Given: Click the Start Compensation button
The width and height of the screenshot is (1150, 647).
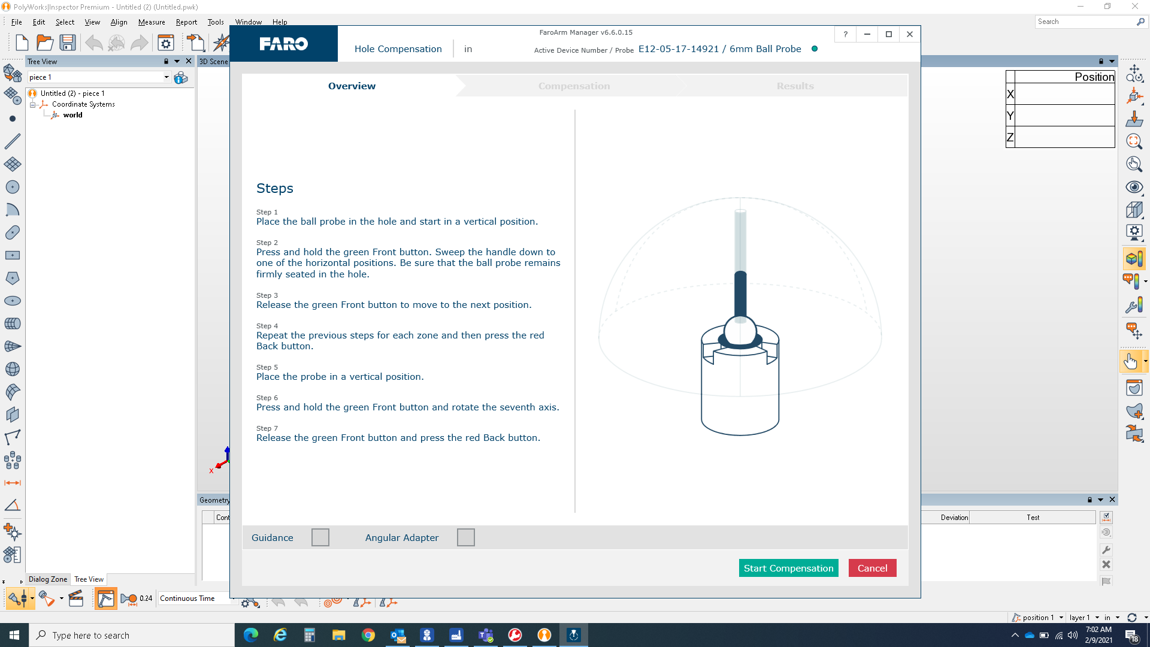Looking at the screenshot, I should (788, 568).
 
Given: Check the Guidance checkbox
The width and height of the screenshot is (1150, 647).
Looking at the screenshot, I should (320, 537).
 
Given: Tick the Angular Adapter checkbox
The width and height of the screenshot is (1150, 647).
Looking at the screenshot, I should (465, 537).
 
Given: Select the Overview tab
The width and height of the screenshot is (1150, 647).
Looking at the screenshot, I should (352, 86).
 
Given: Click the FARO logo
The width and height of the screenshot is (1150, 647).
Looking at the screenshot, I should (283, 44).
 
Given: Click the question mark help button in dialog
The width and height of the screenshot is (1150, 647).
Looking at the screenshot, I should (845, 34).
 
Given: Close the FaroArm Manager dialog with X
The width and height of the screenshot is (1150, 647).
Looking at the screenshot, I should (910, 34).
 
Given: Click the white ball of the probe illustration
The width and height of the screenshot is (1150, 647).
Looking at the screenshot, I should (740, 329).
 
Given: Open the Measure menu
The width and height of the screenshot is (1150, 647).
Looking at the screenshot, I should (152, 22).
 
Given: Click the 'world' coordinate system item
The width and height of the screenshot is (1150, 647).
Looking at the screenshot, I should (72, 115).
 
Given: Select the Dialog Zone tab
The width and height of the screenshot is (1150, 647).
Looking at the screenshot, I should (48, 579).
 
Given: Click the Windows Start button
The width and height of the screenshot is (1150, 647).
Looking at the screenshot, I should (14, 635).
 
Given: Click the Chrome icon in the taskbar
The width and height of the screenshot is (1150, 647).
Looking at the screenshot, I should (368, 635).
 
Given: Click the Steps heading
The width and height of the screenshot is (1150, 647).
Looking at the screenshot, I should (275, 188).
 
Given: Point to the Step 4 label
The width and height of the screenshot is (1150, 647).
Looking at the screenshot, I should (267, 326).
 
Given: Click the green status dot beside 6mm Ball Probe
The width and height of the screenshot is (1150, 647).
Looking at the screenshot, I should (815, 49).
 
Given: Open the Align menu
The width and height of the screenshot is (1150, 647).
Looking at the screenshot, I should (119, 22).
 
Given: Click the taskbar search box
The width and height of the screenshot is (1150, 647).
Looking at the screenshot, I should (132, 635).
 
